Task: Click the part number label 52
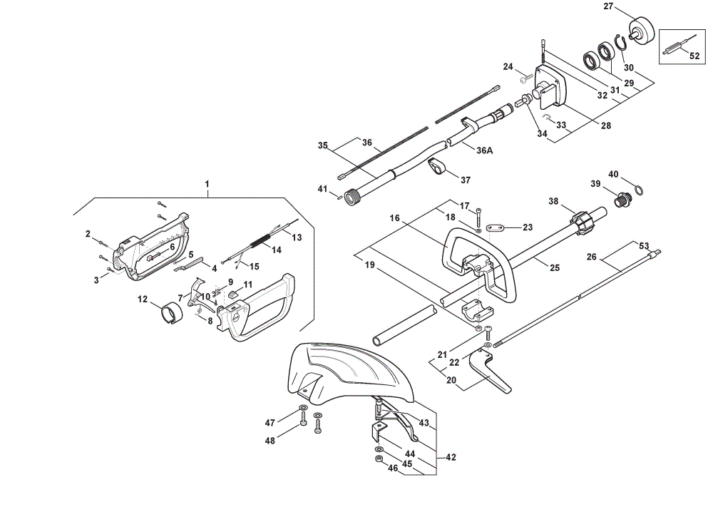click(x=694, y=56)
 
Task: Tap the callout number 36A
click(x=484, y=150)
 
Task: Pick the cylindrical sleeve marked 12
click(x=172, y=314)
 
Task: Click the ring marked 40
click(x=638, y=190)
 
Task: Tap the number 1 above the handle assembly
click(x=207, y=184)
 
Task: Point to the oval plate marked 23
click(x=495, y=227)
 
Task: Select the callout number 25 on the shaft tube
click(x=555, y=268)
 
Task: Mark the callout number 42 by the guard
click(x=451, y=457)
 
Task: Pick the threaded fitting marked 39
click(x=621, y=200)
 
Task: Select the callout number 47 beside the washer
click(x=270, y=423)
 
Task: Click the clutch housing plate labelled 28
click(x=550, y=87)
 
